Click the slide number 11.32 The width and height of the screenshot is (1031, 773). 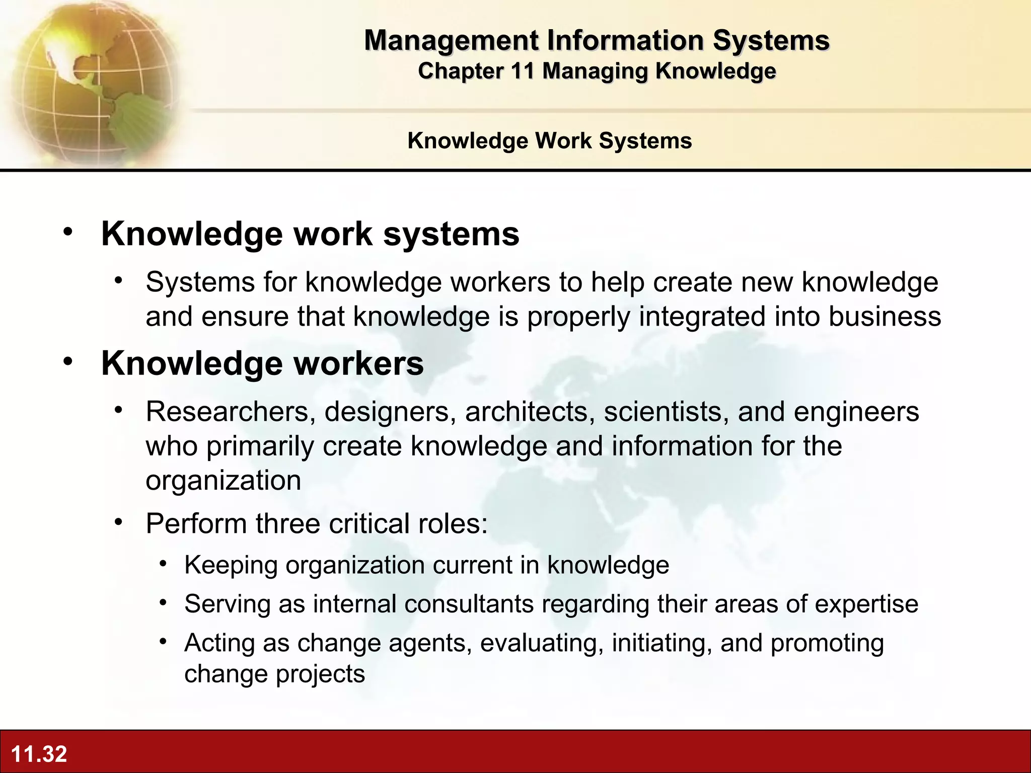pos(39,754)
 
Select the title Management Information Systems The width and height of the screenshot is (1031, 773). pos(597,40)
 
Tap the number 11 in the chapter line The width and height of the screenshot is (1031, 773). pos(523,71)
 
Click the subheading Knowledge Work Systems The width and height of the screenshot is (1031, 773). pos(549,140)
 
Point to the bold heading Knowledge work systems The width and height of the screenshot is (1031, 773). pos(310,234)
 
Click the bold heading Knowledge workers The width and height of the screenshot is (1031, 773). pos(262,363)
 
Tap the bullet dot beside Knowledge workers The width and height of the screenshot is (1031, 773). pos(68,361)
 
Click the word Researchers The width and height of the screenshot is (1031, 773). pos(227,412)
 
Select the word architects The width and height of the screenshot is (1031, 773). pos(527,412)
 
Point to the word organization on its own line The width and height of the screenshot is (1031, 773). pos(224,480)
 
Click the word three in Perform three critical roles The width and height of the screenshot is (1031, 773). pos(288,523)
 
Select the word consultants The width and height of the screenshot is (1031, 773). pos(469,604)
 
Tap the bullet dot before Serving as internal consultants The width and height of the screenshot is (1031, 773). pos(163,602)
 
